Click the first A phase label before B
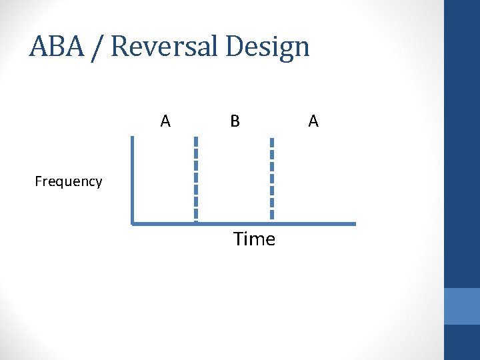point(165,121)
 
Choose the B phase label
point(235,121)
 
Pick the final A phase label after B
point(313,121)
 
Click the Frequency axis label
point(69,181)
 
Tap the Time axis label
point(254,239)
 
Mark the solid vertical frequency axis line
point(133,180)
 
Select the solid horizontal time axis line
point(243,224)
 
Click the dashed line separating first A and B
point(196,179)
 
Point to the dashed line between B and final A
point(271,179)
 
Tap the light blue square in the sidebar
point(462,306)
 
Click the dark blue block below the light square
point(462,343)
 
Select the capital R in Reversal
point(121,47)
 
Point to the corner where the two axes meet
point(133,224)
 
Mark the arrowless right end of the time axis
point(354,224)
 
